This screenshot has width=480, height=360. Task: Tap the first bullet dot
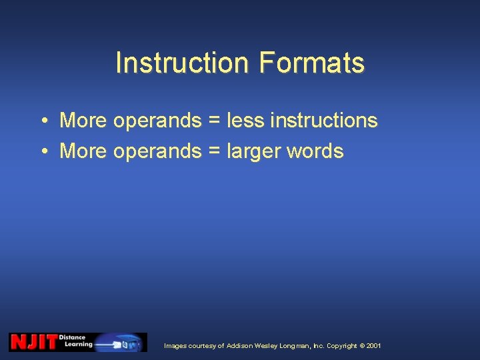42,121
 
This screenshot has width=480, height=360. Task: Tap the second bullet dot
42,152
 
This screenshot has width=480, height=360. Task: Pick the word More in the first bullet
83,121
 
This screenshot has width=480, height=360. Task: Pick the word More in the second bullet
83,151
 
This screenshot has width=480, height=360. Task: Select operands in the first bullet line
157,121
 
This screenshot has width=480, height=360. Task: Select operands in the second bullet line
157,152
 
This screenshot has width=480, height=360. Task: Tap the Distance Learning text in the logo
75,341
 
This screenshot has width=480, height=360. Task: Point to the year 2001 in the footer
374,346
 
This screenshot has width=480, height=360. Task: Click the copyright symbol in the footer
362,346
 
